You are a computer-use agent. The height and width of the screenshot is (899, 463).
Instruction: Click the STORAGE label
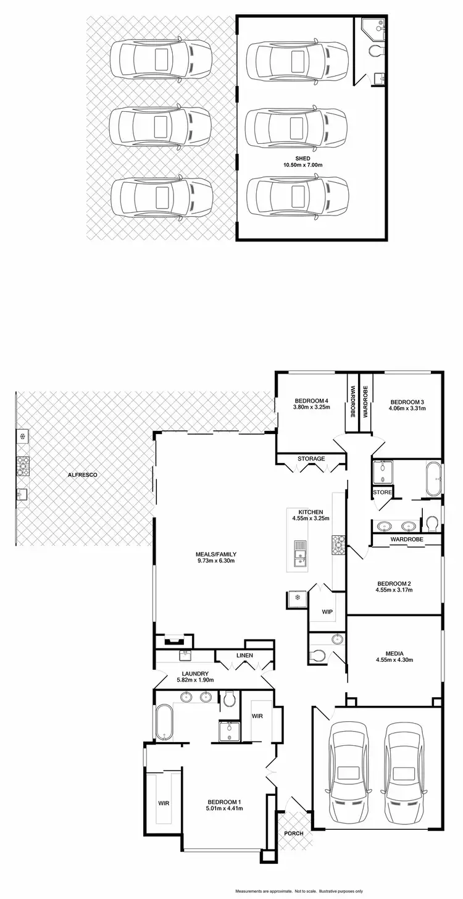(x=311, y=459)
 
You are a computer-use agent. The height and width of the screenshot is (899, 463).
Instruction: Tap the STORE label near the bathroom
(x=382, y=492)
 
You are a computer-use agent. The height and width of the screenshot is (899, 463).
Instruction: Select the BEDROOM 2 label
(x=394, y=583)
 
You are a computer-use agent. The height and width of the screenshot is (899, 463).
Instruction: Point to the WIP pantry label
(x=327, y=612)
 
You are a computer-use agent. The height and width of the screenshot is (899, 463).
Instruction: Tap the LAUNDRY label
(x=194, y=674)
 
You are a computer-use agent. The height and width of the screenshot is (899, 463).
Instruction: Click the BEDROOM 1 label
(x=223, y=802)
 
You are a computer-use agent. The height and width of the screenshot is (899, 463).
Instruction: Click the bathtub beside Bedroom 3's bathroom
(x=432, y=479)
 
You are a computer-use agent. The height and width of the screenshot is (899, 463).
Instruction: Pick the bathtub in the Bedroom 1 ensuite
(x=164, y=722)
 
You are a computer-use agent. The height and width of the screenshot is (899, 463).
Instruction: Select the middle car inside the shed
(x=297, y=128)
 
